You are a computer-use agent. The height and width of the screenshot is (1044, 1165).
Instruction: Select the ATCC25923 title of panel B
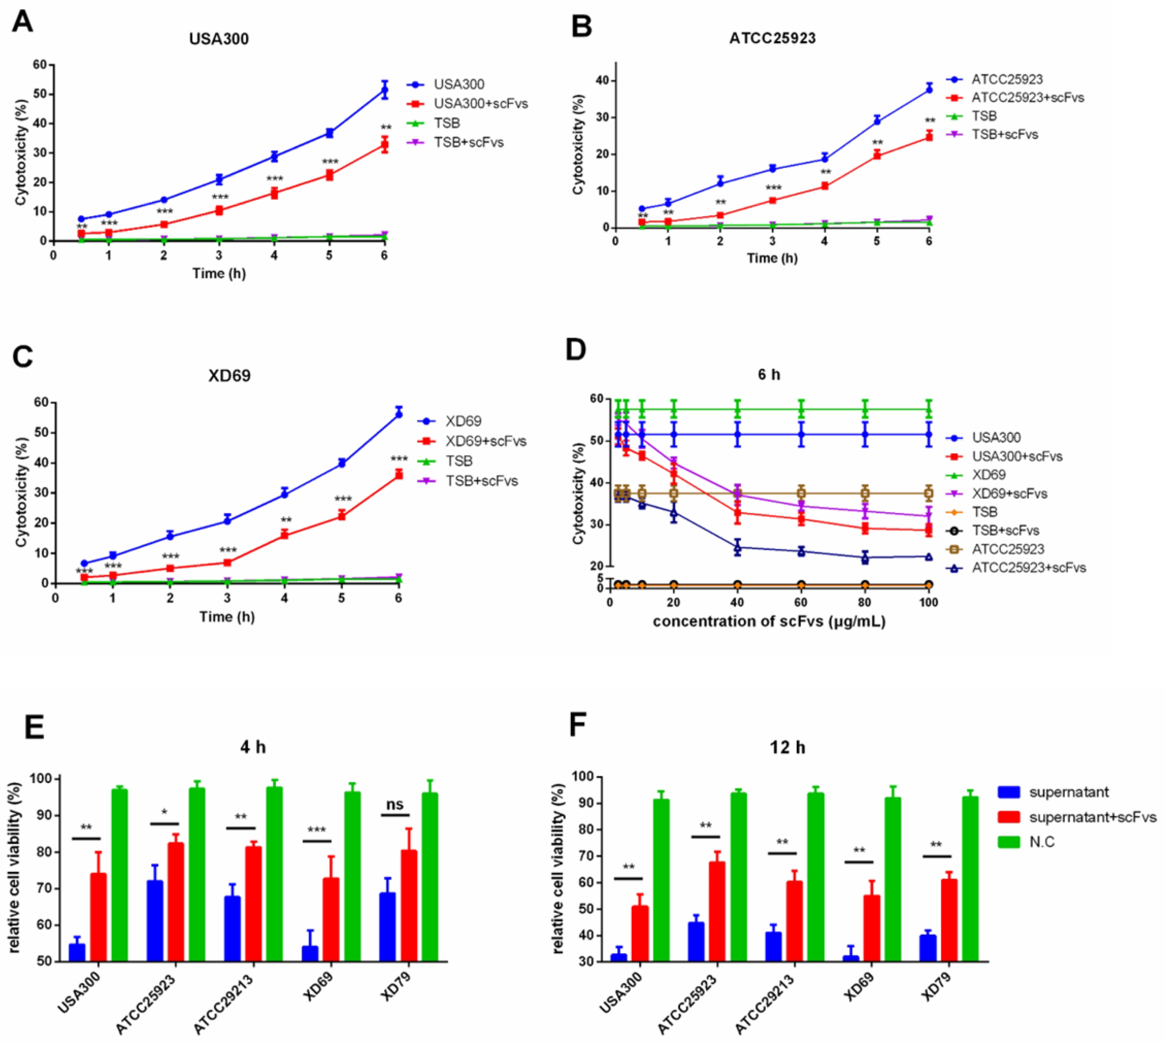(772, 38)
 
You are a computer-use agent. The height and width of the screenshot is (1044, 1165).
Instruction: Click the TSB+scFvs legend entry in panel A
(468, 142)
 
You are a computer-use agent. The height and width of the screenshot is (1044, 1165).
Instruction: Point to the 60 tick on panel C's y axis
(40, 403)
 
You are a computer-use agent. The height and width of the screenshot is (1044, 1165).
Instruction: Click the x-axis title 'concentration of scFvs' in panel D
(769, 622)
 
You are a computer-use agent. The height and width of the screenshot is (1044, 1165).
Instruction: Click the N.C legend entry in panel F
(1041, 841)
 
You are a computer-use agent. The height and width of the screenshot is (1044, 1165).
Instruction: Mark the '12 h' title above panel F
(787, 747)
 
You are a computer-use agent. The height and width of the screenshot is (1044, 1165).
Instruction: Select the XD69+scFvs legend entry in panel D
(1009, 493)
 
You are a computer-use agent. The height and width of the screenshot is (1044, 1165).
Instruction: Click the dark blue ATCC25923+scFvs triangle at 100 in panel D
(928, 556)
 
